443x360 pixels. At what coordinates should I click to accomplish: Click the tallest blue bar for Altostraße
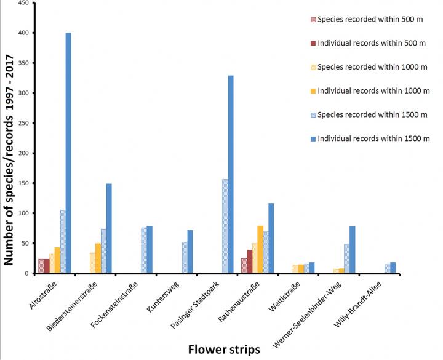(x=68, y=153)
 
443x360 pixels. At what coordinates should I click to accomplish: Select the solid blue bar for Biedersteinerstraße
(x=109, y=229)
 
